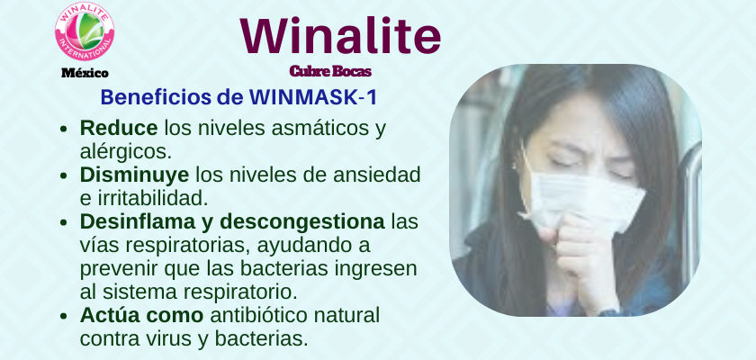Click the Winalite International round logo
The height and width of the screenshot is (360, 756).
point(85,31)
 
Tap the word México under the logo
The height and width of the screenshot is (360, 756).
point(85,73)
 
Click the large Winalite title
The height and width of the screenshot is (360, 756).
point(340,36)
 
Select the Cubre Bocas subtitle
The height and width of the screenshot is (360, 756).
point(330,71)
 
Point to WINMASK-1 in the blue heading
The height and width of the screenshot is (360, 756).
point(313,97)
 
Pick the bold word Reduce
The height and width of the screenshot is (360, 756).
point(119,128)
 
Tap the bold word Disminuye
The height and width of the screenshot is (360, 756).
point(134,175)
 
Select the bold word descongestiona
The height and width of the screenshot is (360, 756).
point(302,222)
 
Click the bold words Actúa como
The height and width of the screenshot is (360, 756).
point(142,316)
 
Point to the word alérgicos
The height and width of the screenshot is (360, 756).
point(126,152)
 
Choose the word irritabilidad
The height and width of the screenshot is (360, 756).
point(149,198)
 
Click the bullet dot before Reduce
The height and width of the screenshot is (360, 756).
point(64,130)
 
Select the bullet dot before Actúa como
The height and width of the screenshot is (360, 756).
point(64,317)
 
